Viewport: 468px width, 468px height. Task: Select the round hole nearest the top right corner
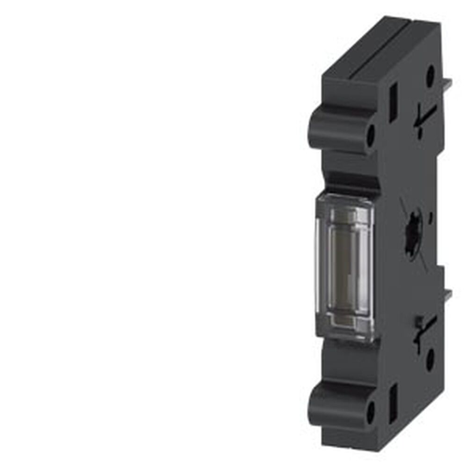430,73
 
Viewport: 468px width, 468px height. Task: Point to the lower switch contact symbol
426,328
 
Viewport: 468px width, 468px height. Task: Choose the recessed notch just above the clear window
349,180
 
